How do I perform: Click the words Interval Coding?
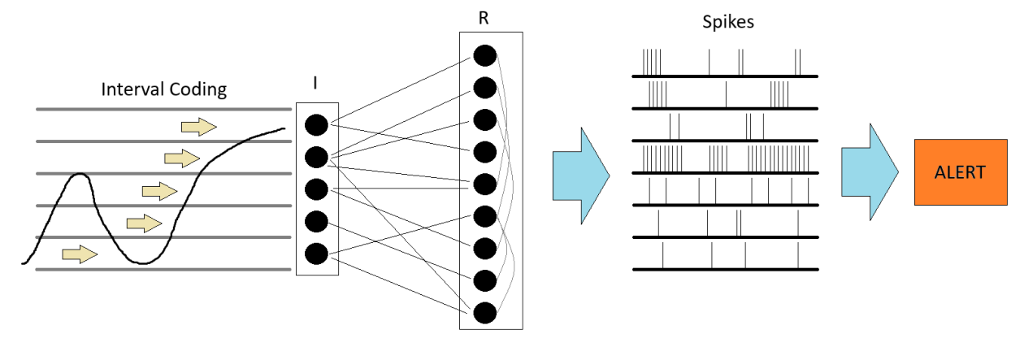tap(163, 89)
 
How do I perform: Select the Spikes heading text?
tap(727, 22)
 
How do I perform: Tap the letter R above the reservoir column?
tap(484, 18)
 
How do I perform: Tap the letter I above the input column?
tap(315, 83)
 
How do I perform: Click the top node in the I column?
tap(316, 125)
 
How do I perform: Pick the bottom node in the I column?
tap(316, 253)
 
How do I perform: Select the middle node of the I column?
tap(316, 189)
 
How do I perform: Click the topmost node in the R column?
tap(484, 56)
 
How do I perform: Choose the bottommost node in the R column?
tap(484, 312)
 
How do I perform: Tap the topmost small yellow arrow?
tap(198, 126)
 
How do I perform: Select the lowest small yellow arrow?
tap(80, 255)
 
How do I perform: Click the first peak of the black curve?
tap(78, 174)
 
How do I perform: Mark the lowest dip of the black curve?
tap(145, 263)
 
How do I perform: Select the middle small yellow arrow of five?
tap(159, 191)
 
